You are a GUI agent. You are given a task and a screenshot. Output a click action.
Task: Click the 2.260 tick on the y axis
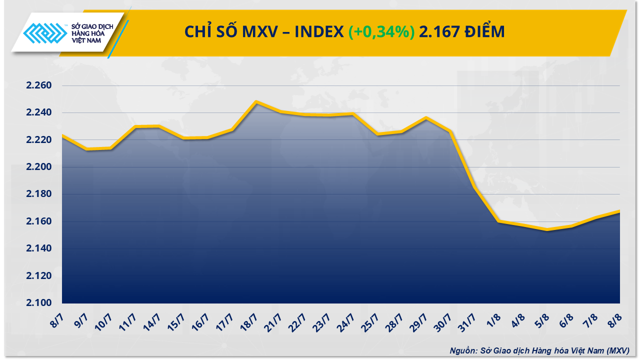pyautogui.click(x=39, y=85)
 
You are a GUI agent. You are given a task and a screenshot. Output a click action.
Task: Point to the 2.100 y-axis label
pyautogui.click(x=39, y=303)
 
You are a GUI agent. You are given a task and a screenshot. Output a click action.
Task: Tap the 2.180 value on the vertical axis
pyautogui.click(x=39, y=194)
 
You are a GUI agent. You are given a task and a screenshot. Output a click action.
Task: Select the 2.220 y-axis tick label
pyautogui.click(x=39, y=140)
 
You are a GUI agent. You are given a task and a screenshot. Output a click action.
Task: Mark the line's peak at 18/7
pyautogui.click(x=256, y=101)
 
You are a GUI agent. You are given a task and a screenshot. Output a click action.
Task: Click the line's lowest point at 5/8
pyautogui.click(x=547, y=230)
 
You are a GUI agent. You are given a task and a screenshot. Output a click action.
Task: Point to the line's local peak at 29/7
pyautogui.click(x=425, y=118)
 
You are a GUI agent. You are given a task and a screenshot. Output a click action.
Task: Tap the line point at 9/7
pyautogui.click(x=86, y=149)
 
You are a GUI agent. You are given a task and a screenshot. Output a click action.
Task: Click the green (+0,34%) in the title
pyautogui.click(x=381, y=32)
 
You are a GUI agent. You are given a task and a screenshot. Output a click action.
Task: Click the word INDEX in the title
pyautogui.click(x=318, y=32)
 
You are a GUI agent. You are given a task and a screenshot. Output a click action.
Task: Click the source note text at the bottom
pyautogui.click(x=539, y=350)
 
